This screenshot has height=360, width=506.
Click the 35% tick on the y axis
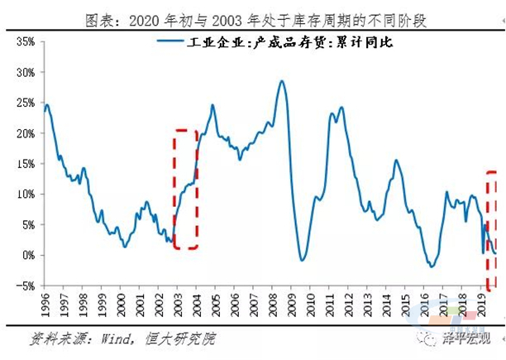23,41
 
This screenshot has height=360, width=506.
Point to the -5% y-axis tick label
22,286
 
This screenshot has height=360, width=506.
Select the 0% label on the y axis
26,255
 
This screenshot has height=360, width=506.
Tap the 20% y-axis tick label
23,133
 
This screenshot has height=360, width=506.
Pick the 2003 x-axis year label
181,307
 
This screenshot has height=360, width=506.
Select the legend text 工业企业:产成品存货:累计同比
279,43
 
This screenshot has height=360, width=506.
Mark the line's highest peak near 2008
282,81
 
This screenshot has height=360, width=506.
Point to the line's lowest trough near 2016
432,266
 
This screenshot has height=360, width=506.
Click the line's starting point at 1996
44,110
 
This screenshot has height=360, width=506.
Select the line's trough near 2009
303,261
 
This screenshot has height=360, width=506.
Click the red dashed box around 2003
185,189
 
